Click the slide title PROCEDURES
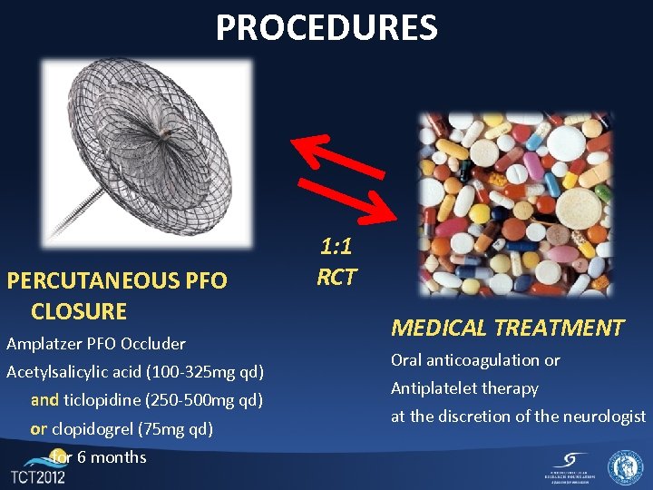pyautogui.click(x=326, y=27)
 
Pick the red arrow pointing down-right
pyautogui.click(x=349, y=198)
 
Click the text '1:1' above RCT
pyautogui.click(x=336, y=246)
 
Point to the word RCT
pyautogui.click(x=336, y=278)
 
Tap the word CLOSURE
pyautogui.click(x=79, y=311)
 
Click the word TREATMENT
pyautogui.click(x=566, y=328)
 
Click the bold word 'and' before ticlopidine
pyautogui.click(x=44, y=400)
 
